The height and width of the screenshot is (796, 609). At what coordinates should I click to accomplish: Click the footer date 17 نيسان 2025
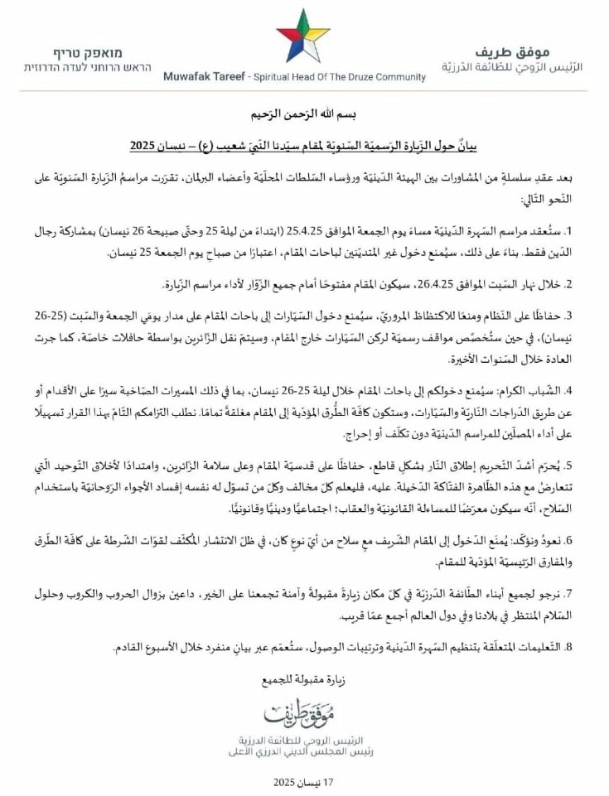click(x=304, y=781)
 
